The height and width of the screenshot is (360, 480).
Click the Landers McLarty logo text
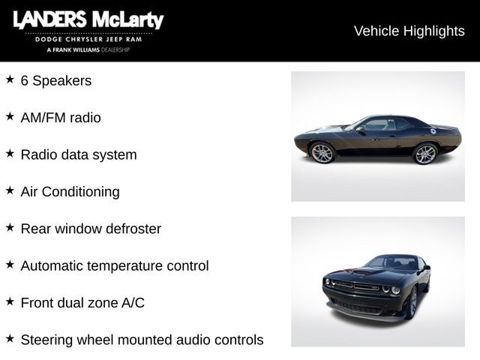(x=88, y=20)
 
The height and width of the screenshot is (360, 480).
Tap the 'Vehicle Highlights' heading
(x=409, y=31)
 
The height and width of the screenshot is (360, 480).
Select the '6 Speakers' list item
(x=56, y=80)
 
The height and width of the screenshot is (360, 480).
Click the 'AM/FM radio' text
(x=61, y=118)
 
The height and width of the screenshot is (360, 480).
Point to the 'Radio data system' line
(x=79, y=154)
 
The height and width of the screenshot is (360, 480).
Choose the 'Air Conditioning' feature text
(x=70, y=191)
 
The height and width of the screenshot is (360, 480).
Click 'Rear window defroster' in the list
(x=91, y=229)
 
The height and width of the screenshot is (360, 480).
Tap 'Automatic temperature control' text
(x=115, y=265)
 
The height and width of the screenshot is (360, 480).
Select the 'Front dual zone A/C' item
(x=82, y=303)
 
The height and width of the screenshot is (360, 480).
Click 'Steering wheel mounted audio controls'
(x=142, y=340)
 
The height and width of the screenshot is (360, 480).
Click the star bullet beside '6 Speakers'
(x=10, y=79)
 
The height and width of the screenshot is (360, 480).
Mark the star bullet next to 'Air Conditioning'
(x=10, y=190)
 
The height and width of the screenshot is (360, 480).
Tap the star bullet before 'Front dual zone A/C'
(x=10, y=301)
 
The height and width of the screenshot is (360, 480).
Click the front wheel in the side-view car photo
(x=322, y=153)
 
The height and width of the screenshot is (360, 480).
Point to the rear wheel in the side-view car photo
(x=425, y=154)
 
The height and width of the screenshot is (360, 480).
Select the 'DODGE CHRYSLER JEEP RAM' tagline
(x=88, y=38)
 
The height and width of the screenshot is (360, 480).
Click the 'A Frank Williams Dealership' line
(x=88, y=49)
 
